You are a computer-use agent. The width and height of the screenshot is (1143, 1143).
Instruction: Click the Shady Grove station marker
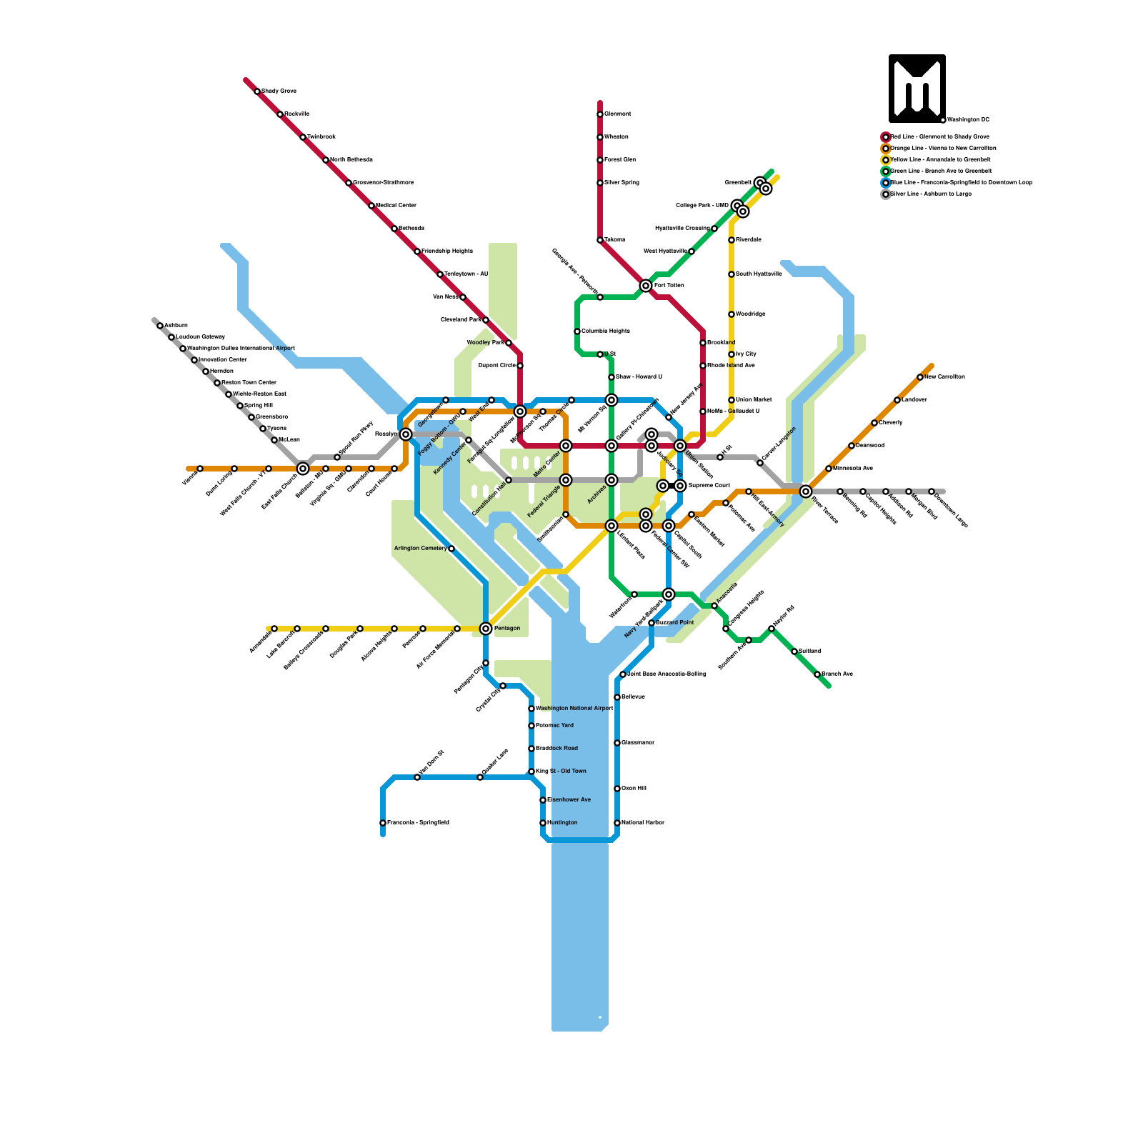pos(257,91)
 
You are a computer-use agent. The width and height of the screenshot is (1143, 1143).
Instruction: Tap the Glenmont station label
pos(618,114)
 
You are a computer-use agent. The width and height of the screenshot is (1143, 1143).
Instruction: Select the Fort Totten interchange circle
pos(646,286)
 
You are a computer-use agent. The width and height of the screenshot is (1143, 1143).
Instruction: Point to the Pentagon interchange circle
pos(486,629)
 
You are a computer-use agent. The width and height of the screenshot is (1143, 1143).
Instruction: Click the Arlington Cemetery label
pos(420,549)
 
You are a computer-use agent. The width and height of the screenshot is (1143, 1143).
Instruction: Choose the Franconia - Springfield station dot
pos(383,823)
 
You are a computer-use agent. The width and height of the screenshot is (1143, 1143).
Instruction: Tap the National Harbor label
pos(643,823)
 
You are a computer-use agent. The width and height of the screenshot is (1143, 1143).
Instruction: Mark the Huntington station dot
pos(543,823)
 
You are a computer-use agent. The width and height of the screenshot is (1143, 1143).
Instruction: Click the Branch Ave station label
pos(837,674)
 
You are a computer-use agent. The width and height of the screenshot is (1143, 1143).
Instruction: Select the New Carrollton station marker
pos(920,377)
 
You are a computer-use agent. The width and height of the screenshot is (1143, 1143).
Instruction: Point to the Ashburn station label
pos(176,326)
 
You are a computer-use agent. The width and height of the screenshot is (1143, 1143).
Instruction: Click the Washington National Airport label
pos(574,709)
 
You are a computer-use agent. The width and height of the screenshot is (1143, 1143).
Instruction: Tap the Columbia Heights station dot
pos(577,331)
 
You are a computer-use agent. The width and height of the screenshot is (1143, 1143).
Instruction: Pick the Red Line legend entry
pos(939,136)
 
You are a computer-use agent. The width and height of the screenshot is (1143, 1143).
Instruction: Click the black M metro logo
pos(917,89)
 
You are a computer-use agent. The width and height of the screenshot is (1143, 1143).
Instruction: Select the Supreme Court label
pos(709,486)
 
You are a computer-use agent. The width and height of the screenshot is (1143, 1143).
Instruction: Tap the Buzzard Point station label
pos(675,623)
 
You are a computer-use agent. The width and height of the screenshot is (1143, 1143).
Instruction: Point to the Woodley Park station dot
pos(509,343)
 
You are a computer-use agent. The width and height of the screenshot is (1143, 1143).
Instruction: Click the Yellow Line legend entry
pos(940,159)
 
